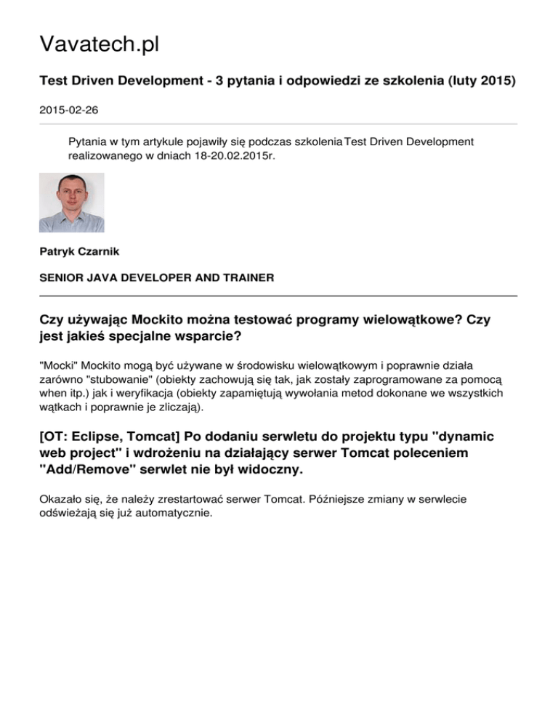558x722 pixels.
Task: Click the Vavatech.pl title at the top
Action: pyautogui.click(x=99, y=45)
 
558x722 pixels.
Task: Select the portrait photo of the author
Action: pyautogui.click(x=71, y=203)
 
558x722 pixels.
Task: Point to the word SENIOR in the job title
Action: pyautogui.click(x=60, y=277)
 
